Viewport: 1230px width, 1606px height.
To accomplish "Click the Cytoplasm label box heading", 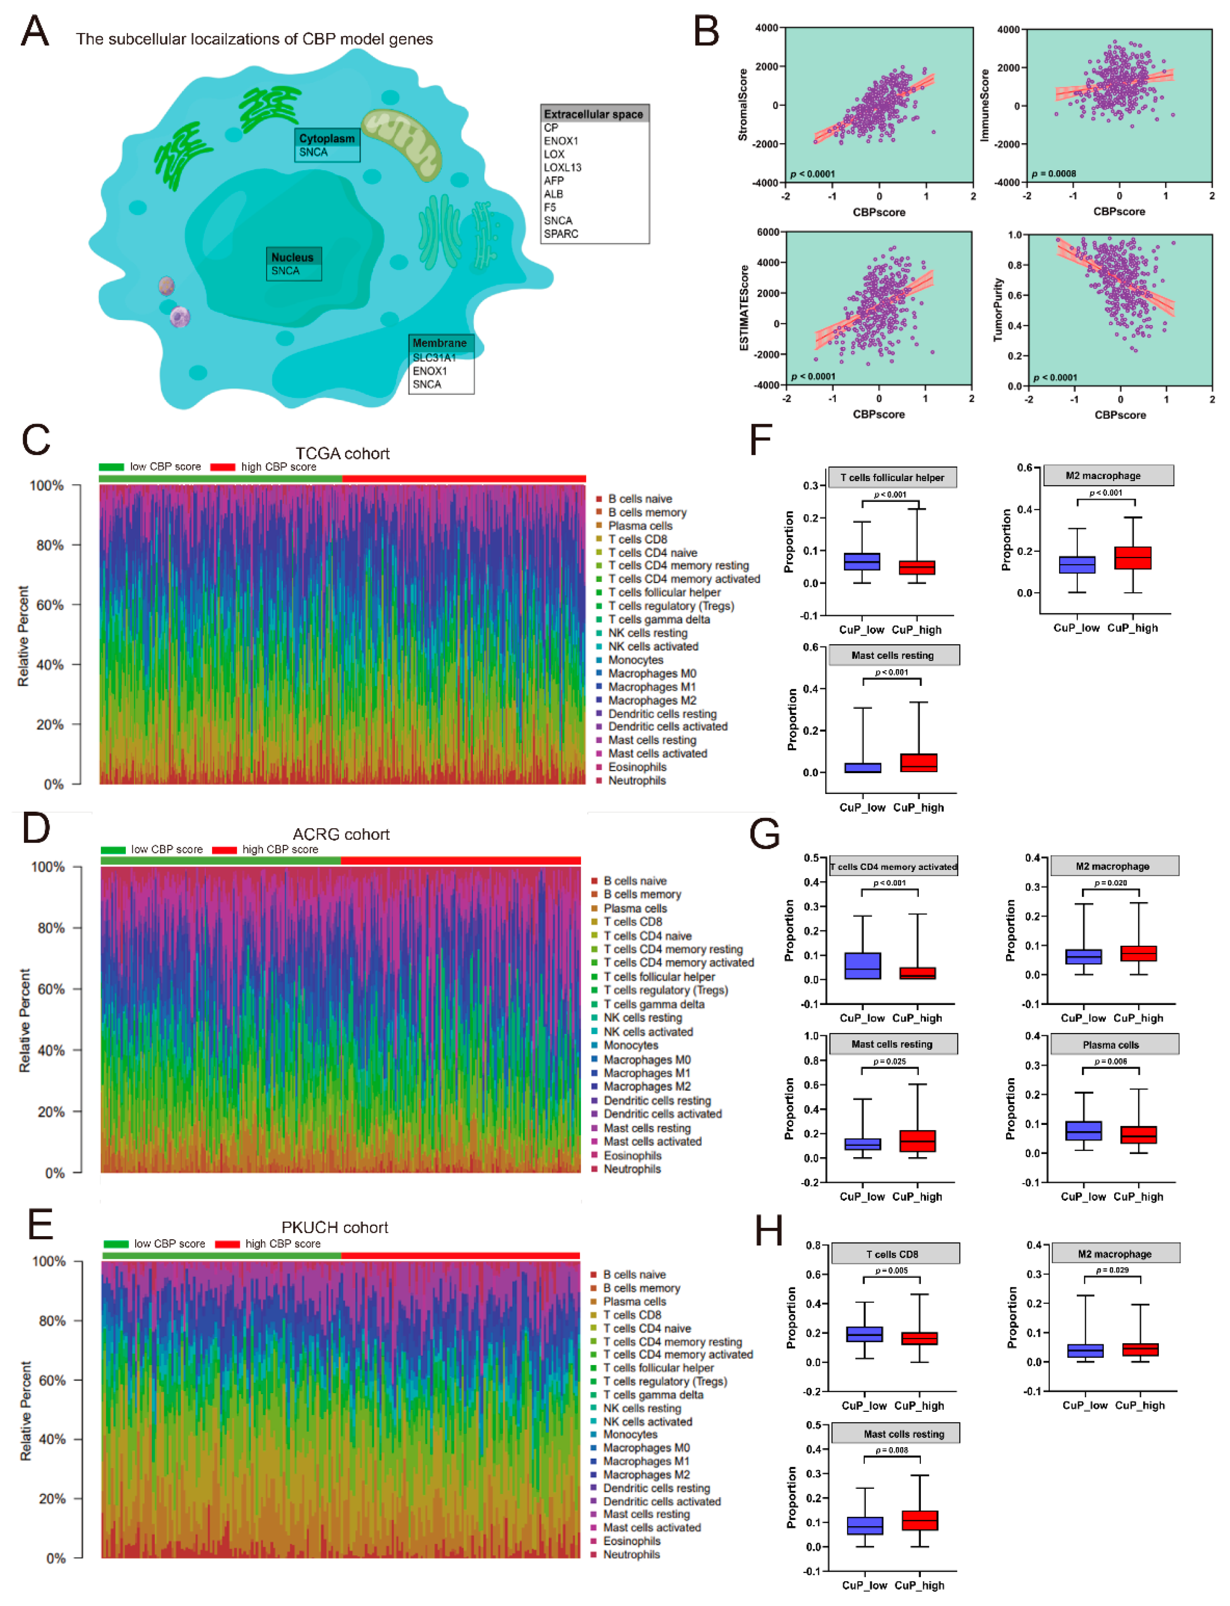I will point(326,138).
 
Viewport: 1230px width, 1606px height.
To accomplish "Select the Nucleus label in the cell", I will point(292,257).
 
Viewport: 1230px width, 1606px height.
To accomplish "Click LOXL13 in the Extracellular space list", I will point(562,167).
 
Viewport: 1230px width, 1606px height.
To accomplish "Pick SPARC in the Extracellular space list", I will point(561,233).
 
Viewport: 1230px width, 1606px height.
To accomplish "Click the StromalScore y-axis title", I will point(743,105).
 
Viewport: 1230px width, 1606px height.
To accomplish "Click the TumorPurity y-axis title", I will point(997,310).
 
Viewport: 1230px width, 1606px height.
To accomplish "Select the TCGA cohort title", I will point(342,453).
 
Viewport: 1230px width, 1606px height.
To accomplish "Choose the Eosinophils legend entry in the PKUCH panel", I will point(631,1541).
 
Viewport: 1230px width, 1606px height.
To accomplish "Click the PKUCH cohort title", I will point(335,1227).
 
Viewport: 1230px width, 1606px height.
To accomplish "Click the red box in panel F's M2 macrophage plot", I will point(1133,557).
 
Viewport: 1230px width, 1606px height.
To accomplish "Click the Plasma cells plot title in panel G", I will point(1111,1045).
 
